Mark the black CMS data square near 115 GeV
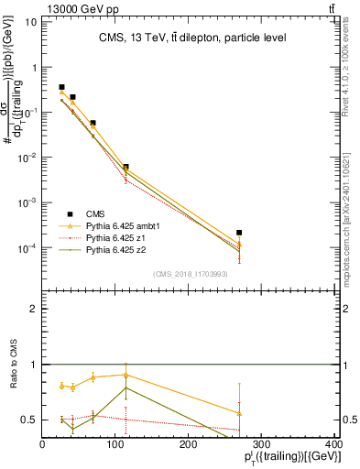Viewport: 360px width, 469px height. (125, 167)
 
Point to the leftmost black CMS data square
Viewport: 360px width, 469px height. (61, 87)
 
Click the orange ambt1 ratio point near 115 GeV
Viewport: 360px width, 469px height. (125, 375)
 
